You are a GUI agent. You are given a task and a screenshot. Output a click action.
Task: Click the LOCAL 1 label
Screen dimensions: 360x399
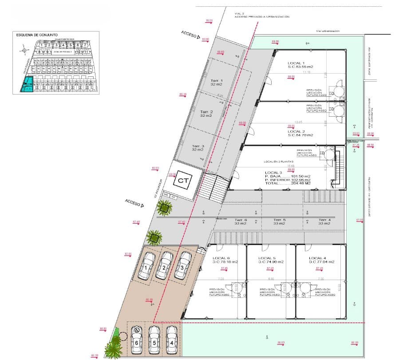coord(296,63)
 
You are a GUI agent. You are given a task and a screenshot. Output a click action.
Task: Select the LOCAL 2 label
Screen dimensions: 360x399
coord(296,131)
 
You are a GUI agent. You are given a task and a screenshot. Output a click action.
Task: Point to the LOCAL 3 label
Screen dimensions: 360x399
coord(273,172)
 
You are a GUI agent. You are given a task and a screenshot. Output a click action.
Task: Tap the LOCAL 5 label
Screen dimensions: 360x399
coord(268,258)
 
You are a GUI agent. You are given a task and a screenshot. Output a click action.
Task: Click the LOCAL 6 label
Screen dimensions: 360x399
coord(221,258)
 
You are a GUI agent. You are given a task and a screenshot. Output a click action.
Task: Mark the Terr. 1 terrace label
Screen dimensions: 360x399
coord(217,80)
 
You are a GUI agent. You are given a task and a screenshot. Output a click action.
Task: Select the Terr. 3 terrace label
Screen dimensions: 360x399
coord(198,146)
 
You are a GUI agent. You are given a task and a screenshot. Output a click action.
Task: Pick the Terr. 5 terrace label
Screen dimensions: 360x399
coord(279,220)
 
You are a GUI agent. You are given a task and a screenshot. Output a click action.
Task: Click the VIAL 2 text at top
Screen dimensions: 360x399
coord(240,14)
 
